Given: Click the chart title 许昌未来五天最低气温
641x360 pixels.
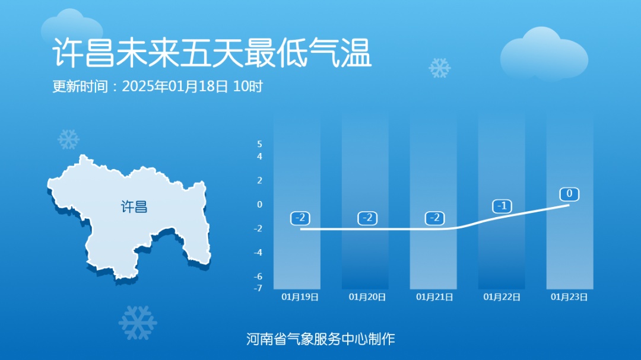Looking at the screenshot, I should pos(212,54).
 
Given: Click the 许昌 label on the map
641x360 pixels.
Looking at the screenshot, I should pos(134,207).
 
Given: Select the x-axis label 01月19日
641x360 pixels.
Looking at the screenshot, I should pos(300,297).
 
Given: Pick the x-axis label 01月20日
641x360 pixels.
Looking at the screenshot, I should pos(367,297).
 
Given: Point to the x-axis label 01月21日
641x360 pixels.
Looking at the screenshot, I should pos(434,297).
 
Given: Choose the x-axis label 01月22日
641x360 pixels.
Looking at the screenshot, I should pos(502,297).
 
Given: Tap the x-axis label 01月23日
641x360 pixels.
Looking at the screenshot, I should pos(569,297).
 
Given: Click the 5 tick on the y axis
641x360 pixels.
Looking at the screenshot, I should pos(259,144).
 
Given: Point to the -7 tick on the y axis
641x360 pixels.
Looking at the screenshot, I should pos(258,288).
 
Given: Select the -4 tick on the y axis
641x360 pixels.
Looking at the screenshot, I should pos(258,253).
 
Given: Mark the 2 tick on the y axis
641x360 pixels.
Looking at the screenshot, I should pos(259,180).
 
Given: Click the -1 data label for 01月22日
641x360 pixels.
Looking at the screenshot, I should pos(502,206).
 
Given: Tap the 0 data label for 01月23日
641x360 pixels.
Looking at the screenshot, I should pos(569,194).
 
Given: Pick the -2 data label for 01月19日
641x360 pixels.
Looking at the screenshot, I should pos(300,218).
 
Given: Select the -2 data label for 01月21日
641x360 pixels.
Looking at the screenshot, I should pos(434,218).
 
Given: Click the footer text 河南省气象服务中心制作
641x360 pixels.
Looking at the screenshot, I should pos(320,339).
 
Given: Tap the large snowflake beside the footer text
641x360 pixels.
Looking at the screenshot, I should pos(138,323).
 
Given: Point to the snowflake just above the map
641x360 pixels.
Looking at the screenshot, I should pos(68,139).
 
